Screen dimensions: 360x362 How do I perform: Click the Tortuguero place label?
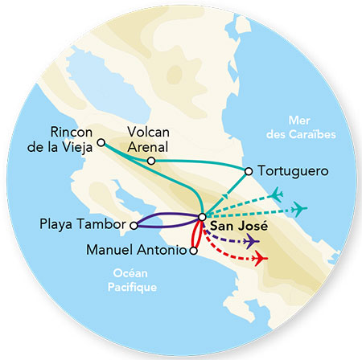[x=290, y=171]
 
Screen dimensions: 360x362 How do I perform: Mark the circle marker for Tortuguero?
[x=249, y=170]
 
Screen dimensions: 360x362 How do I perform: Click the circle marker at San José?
[x=201, y=216]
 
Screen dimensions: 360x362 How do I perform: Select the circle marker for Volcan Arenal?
[x=151, y=161]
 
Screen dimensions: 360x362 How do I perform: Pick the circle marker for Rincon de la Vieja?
[x=101, y=143]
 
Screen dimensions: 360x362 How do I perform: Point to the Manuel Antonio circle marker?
[x=192, y=251]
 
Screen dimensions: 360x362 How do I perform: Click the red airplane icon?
[x=260, y=258]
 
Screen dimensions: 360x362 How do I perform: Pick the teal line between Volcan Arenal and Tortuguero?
[x=201, y=165]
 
